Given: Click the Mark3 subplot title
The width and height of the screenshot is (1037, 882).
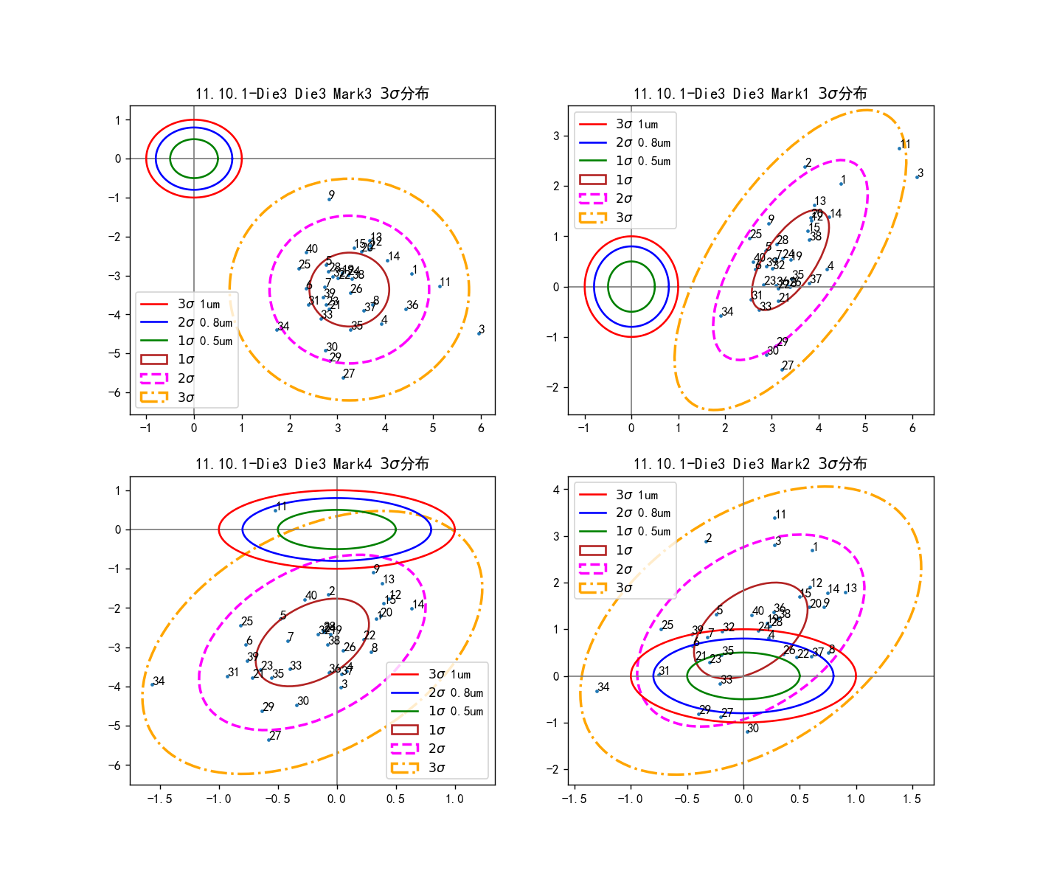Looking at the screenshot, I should point(312,94).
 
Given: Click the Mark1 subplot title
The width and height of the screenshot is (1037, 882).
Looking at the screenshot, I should point(750,94).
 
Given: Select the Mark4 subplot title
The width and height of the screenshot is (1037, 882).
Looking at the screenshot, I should point(312,464).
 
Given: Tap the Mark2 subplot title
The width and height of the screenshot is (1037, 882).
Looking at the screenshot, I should point(750,464).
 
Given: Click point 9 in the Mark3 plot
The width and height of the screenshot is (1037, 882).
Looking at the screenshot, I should point(329,199).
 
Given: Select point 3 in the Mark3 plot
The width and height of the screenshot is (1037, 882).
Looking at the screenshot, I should point(479,333).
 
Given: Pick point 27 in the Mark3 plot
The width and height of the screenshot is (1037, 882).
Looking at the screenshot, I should point(343,378).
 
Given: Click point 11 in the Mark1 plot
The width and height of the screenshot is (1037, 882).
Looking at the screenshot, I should point(899,148).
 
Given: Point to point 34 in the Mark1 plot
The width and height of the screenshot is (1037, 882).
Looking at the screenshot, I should point(721,316).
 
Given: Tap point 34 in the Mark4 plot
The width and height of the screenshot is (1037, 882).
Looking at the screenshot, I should point(152,684).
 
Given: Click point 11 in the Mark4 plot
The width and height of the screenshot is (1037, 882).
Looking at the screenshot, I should point(275,510).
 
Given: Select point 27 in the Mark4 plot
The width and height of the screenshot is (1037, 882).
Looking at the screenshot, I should point(268,740).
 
